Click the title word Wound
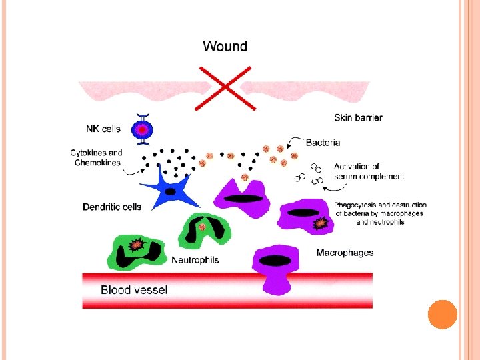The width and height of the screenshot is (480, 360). click(x=225, y=46)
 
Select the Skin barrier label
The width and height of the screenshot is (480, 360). click(x=358, y=118)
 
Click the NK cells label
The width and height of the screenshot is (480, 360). click(x=104, y=129)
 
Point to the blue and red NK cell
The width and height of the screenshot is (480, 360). click(x=141, y=129)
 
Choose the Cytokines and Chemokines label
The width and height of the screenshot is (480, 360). click(x=97, y=157)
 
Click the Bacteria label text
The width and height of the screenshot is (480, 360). click(x=323, y=142)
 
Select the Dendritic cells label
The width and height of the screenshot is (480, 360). click(x=112, y=207)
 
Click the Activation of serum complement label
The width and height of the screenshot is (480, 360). click(x=369, y=171)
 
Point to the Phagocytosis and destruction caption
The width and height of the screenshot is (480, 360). click(x=381, y=213)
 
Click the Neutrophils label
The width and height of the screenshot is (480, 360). click(x=195, y=260)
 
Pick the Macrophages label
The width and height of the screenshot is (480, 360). click(x=345, y=253)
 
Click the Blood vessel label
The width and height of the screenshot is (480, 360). click(x=134, y=289)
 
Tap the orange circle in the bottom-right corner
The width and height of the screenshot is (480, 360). click(x=442, y=314)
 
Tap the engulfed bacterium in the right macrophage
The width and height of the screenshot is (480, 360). click(x=321, y=223)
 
